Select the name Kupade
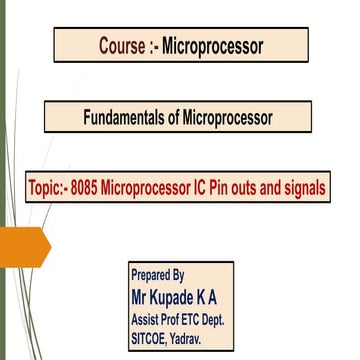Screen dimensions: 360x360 tap(182, 298)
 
